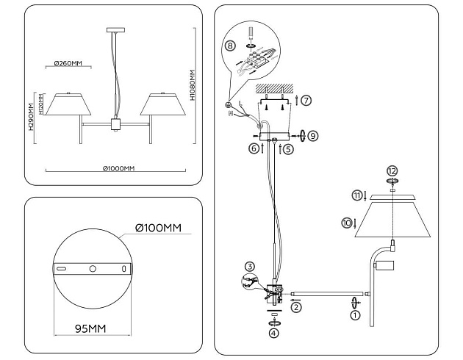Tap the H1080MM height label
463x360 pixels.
pos(193,85)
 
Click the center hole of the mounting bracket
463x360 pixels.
pos(93,270)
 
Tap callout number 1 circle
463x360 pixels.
pos(356,316)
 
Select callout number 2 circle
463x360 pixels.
pos(296,308)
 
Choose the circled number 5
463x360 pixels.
pos(288,148)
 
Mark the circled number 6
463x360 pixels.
pos(254,148)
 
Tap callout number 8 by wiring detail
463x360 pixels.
pos(231,46)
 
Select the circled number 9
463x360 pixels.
pos(313,137)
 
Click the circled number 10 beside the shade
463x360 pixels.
pos(347,222)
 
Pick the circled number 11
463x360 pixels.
pos(356,195)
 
